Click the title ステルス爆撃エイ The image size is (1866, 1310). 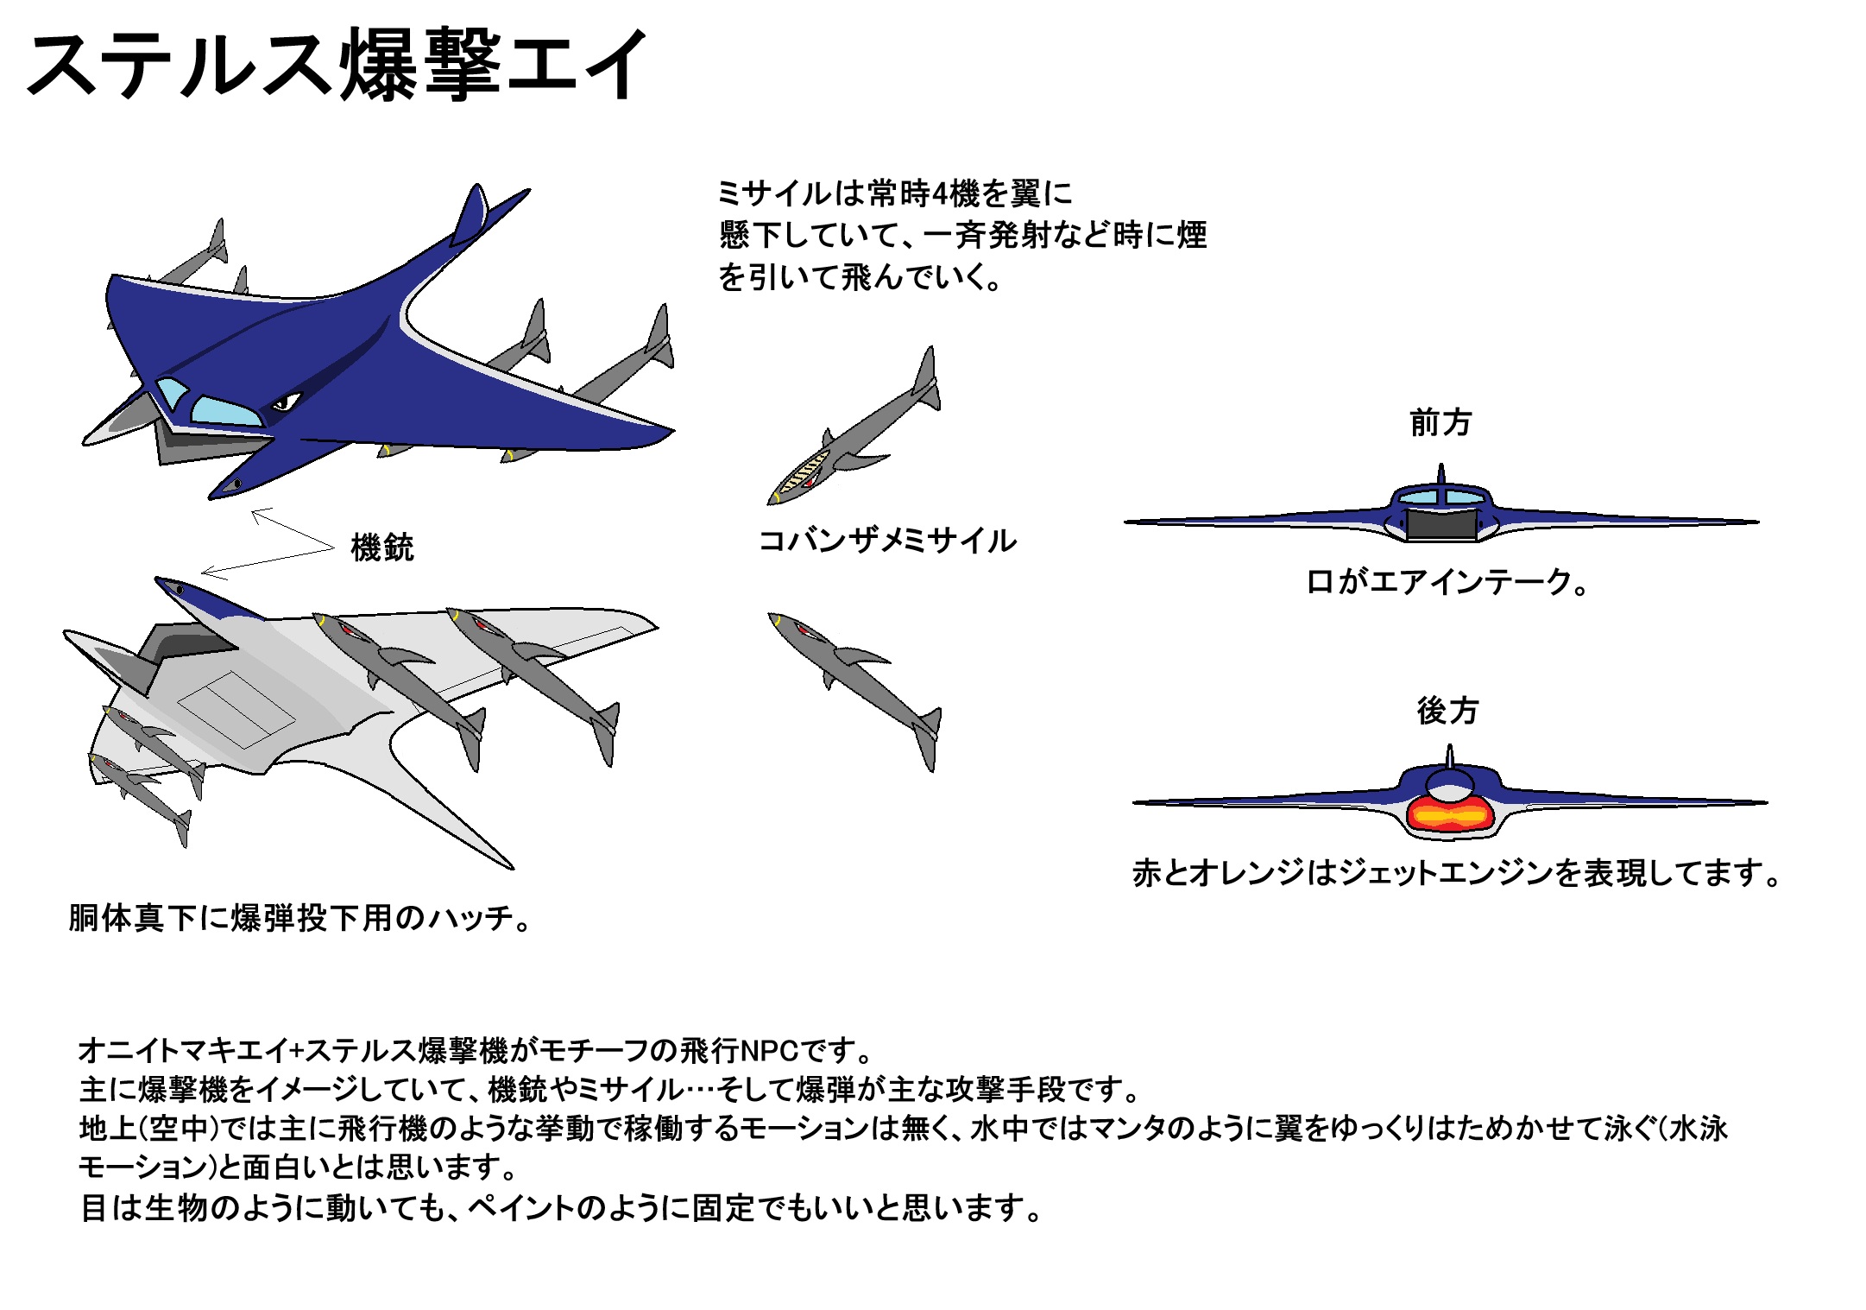click(337, 65)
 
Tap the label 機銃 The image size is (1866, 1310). click(382, 547)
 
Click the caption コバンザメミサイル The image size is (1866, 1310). click(887, 541)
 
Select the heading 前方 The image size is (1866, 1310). click(1440, 423)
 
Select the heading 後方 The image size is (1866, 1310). click(1447, 711)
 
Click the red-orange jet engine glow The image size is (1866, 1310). click(1450, 814)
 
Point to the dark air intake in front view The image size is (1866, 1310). click(1440, 524)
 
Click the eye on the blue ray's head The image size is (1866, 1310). click(285, 402)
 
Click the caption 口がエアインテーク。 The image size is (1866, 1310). click(1447, 582)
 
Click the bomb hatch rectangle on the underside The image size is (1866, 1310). click(236, 708)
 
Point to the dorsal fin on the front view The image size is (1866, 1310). click(1440, 475)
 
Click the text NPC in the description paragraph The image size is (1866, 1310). click(768, 1051)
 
